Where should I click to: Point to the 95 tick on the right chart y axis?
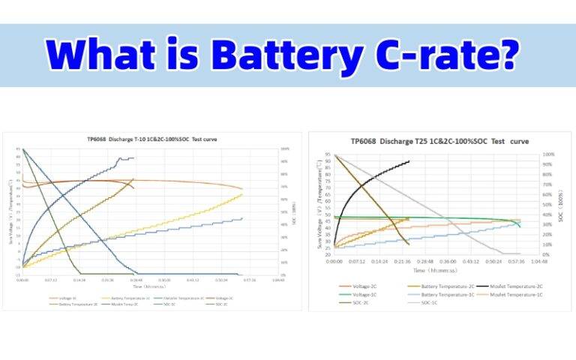pyautogui.click(x=328, y=155)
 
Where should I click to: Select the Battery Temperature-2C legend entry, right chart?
pyautogui.click(x=432, y=286)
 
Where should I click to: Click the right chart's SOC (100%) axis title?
pyautogui.click(x=560, y=205)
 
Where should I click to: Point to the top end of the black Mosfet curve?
pyautogui.click(x=409, y=161)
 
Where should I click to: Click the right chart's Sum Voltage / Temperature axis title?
pyautogui.click(x=318, y=205)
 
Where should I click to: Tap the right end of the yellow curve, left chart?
pyautogui.click(x=242, y=194)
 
